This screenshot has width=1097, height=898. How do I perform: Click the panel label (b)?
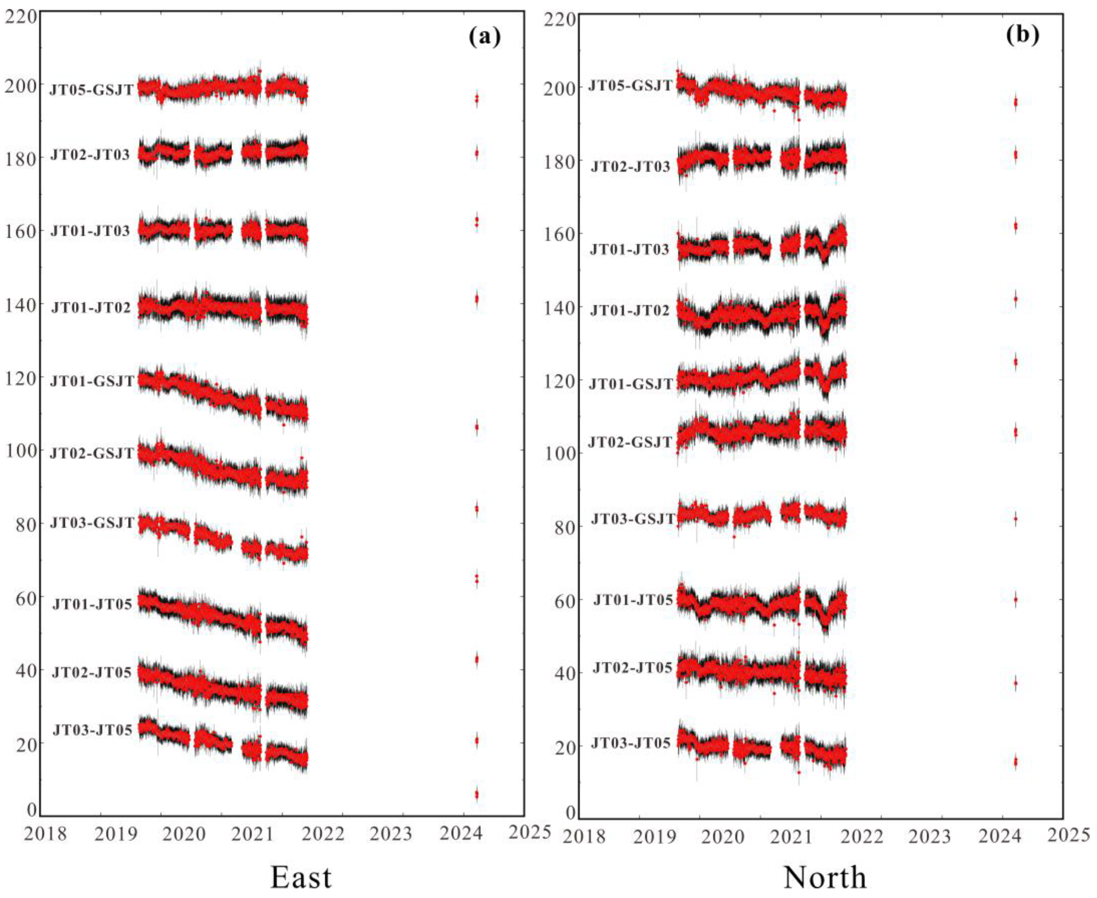click(x=1022, y=35)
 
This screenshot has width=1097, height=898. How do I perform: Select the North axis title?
click(x=825, y=877)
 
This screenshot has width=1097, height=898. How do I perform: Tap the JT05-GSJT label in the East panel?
click(x=92, y=90)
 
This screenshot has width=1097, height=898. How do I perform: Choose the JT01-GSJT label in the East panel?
click(x=92, y=381)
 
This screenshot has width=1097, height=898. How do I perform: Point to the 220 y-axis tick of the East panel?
click(x=21, y=17)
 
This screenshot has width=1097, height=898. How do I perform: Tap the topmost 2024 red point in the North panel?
click(x=1015, y=102)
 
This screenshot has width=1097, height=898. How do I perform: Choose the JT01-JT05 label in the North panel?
click(x=632, y=600)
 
